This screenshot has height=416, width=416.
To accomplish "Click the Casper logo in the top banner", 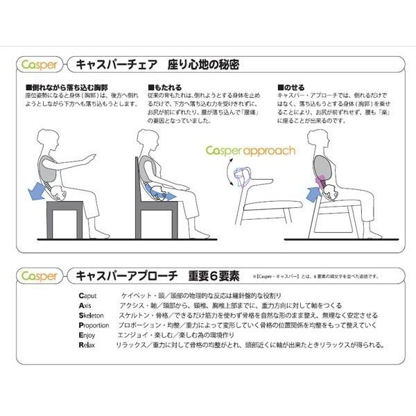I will [37, 67].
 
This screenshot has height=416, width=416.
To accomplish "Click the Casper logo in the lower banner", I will [37, 275].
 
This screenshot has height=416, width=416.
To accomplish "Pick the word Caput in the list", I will [87, 295].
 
